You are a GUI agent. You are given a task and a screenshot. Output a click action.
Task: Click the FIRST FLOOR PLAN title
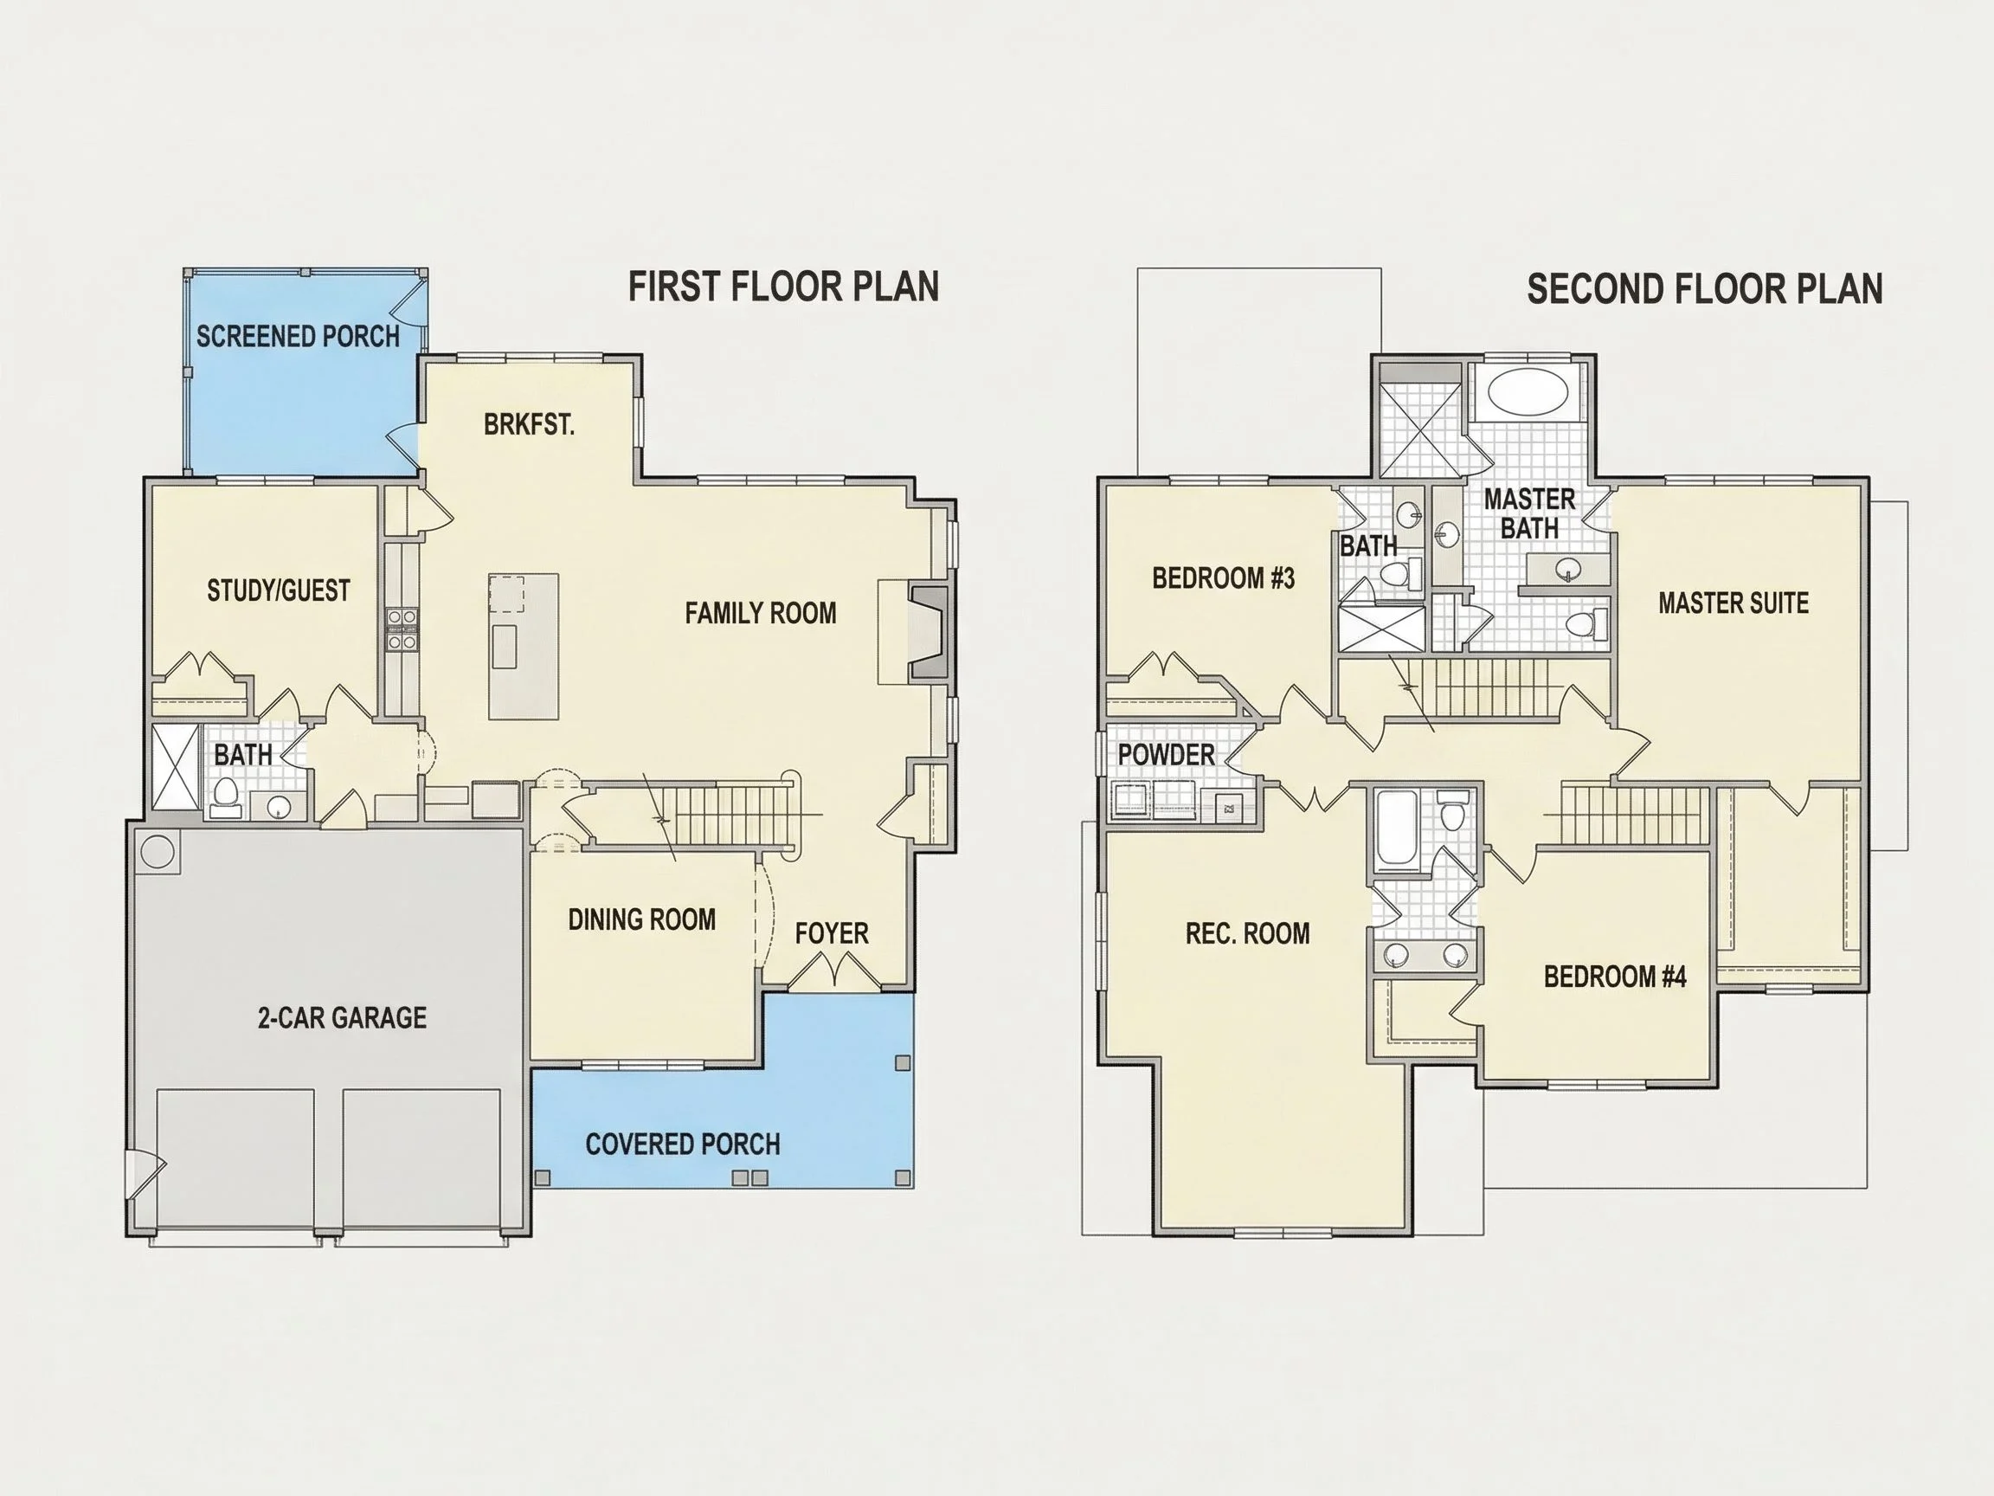point(783,287)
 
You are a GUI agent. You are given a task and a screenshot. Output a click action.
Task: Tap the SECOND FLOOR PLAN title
point(1705,289)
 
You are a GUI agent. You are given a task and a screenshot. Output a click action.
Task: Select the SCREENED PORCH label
point(299,338)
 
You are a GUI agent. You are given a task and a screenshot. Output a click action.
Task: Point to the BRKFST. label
point(529,425)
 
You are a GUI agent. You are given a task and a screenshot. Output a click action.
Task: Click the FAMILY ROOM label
point(761,613)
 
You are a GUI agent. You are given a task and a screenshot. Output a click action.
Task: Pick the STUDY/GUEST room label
point(279,590)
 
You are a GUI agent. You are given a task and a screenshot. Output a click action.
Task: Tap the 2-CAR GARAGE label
point(343,1018)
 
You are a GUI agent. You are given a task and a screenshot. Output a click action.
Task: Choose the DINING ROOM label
point(642,919)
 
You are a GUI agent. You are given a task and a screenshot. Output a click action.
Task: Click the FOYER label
point(832,933)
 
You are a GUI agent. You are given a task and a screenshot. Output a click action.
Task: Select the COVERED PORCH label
point(682,1145)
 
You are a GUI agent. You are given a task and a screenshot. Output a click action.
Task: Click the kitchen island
point(524,647)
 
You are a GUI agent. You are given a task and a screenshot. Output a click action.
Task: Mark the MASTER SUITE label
point(1733,603)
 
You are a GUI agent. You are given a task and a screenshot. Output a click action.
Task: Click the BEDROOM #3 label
point(1223,578)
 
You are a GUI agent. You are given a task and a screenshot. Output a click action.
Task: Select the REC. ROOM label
point(1248,933)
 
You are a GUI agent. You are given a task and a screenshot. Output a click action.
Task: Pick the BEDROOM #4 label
point(1614,977)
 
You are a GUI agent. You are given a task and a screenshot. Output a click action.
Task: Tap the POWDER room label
point(1167,755)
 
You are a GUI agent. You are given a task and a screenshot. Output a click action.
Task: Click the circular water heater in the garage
point(158,851)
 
